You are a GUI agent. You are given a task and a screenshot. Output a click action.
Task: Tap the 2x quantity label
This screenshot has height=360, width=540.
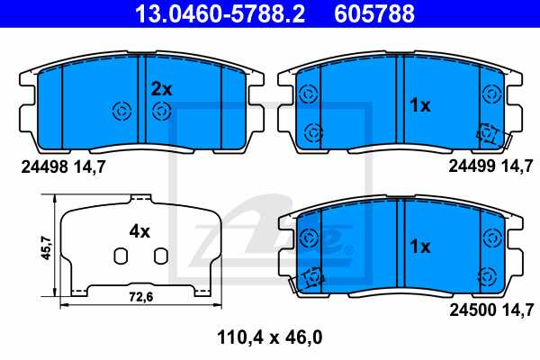pos(161,89)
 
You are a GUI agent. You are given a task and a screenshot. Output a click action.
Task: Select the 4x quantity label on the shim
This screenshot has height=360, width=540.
pos(139,230)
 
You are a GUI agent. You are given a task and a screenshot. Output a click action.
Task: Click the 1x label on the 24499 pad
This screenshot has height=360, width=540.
pos(420,106)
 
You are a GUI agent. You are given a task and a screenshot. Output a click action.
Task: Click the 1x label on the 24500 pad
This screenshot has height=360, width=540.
pos(420,246)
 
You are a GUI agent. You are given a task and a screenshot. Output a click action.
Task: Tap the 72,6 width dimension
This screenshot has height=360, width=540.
pos(139,295)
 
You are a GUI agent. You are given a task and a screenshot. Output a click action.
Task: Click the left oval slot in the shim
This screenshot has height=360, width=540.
pos(119,256)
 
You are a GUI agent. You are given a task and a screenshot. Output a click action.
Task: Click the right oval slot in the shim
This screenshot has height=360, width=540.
pos(159,256)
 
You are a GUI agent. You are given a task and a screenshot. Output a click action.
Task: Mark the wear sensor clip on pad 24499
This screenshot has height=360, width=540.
pos(490,133)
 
